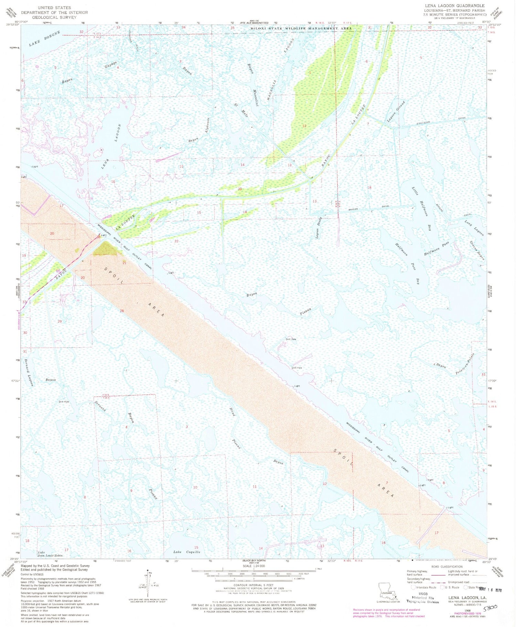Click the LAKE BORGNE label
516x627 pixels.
click(x=44, y=39)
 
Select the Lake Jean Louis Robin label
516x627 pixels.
click(x=50, y=554)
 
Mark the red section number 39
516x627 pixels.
click(x=240, y=189)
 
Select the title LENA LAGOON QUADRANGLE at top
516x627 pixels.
click(x=454, y=6)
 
